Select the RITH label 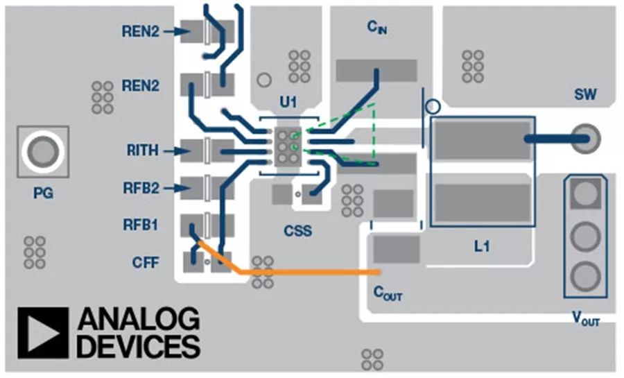tap(141, 150)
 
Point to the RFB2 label tap(141, 187)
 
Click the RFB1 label tap(141, 225)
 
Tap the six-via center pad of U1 tap(286, 147)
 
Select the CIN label tap(376, 28)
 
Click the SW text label tap(586, 94)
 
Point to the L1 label tap(482, 245)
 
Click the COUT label tap(388, 293)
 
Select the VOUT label tap(586, 320)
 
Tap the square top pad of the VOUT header tap(586, 194)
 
